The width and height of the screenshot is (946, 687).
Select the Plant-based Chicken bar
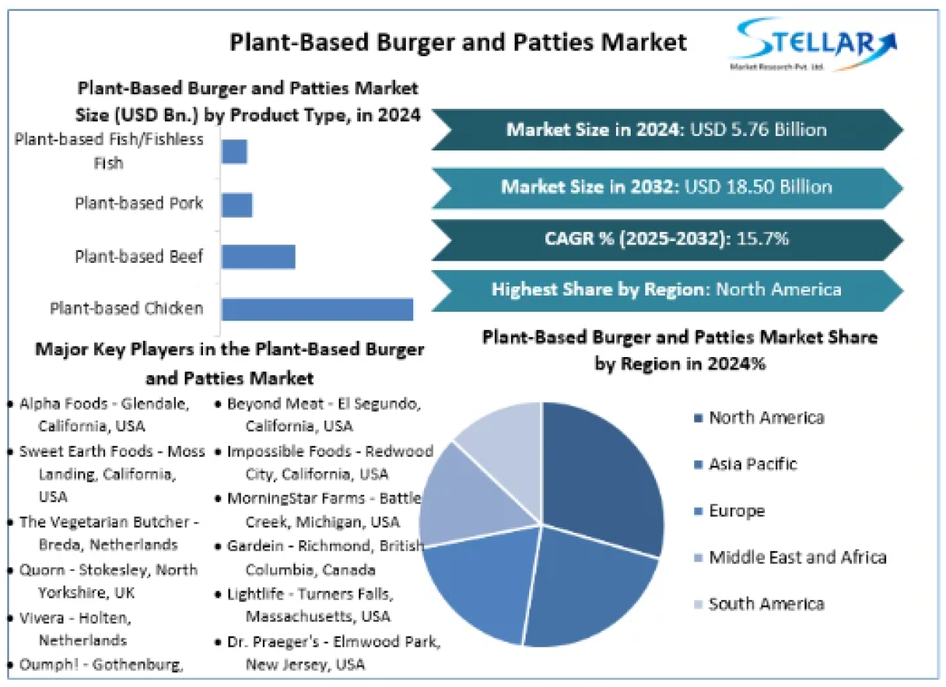click(317, 309)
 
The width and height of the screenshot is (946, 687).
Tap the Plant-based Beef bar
click(258, 257)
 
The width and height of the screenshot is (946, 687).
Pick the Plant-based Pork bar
click(236, 205)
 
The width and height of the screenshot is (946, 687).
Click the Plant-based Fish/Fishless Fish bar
click(234, 152)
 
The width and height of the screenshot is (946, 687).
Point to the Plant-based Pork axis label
click(139, 204)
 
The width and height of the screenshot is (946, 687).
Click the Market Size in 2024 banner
click(666, 130)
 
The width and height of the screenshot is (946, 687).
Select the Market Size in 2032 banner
click(666, 187)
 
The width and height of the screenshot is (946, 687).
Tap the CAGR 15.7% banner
click(666, 239)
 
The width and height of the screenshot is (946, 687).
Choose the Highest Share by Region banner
click(666, 290)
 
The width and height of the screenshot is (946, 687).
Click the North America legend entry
click(766, 418)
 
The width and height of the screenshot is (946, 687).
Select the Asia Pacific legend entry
click(752, 464)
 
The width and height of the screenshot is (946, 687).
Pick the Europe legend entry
click(736, 511)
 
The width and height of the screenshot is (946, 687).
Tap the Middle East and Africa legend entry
click(796, 558)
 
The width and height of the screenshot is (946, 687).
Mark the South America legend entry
click(766, 605)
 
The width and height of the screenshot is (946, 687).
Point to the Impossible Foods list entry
click(328, 462)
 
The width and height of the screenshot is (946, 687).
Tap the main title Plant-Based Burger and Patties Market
click(458, 42)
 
